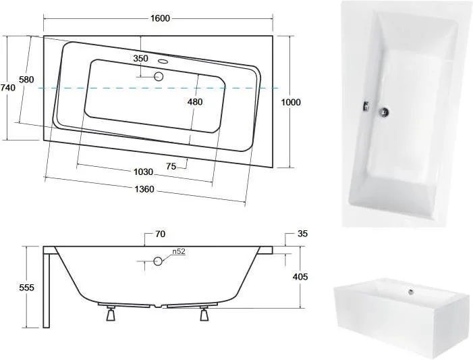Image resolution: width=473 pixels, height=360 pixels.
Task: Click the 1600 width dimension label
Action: (160, 18)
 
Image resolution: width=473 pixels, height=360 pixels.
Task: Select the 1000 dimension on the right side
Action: (291, 102)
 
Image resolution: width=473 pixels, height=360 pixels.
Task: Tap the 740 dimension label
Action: (8, 88)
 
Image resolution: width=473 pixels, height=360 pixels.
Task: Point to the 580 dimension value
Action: (26, 80)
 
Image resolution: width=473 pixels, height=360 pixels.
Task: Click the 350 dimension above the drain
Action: (140, 58)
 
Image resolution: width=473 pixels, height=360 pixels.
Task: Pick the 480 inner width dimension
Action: (195, 102)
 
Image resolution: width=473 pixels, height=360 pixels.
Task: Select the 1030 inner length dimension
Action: (143, 172)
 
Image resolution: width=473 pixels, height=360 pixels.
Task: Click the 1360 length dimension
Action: (144, 189)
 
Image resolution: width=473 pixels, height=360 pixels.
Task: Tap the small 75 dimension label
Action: (171, 166)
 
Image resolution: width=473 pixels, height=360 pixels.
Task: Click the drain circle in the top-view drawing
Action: (159, 76)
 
